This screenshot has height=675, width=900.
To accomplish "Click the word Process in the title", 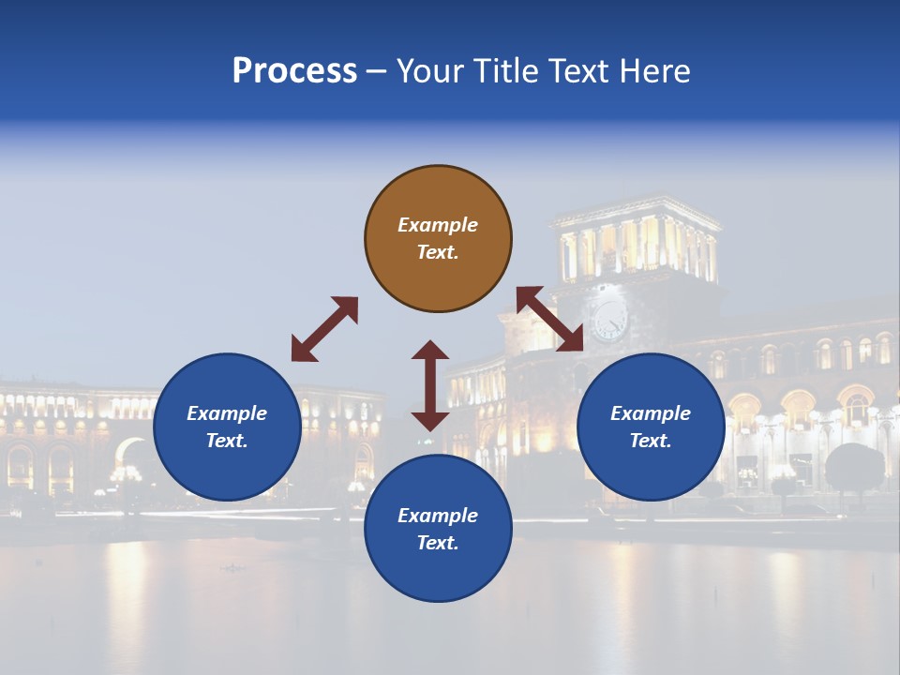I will (294, 71).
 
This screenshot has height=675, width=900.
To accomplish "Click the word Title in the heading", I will (502, 71).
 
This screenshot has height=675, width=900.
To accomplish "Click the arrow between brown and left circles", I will (324, 329).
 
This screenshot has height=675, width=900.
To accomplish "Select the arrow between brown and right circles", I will (550, 319).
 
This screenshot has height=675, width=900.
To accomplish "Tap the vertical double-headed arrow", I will (430, 385).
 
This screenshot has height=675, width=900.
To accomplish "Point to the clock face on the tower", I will (609, 321).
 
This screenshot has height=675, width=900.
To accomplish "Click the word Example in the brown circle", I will (438, 225).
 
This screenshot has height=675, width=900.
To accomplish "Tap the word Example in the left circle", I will (227, 413).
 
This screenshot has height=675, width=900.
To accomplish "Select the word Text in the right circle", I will (650, 441).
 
